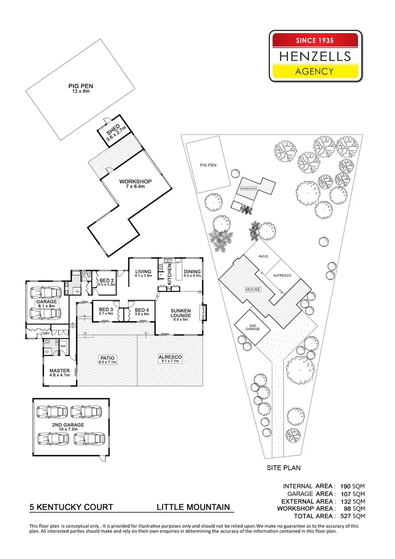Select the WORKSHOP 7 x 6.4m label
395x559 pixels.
point(135,184)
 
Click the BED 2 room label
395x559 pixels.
point(107,282)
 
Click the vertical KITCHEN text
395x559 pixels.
point(169,272)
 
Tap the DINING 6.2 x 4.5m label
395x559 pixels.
point(192,274)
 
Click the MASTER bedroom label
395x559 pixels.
point(60,373)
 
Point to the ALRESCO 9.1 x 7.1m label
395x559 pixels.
point(168,359)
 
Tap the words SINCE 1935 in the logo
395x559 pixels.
point(314,40)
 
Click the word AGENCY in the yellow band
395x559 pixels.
point(314,71)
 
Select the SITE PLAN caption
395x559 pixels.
point(284,468)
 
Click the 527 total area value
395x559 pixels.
point(344,516)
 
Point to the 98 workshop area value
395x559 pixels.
point(346,509)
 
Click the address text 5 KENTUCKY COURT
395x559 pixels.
point(71,508)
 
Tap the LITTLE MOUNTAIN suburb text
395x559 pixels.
point(194,508)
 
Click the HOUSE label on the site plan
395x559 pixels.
point(253,289)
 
